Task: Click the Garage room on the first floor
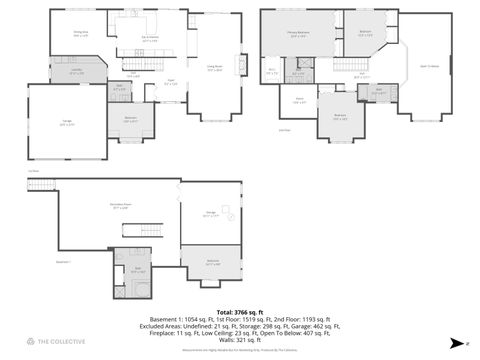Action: coord(66,122)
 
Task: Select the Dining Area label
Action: coord(81,34)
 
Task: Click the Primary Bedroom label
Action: coord(297,34)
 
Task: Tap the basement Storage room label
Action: coord(211,214)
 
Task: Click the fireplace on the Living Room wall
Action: coord(239,66)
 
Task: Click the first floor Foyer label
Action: coord(171,82)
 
